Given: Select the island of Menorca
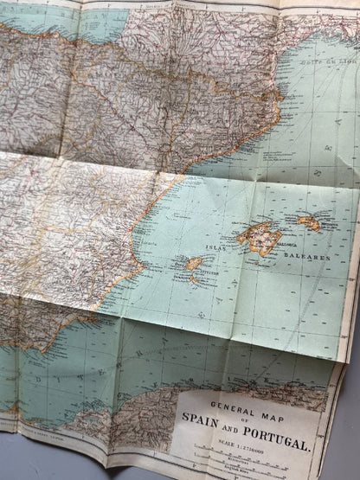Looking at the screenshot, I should click(x=309, y=221).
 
